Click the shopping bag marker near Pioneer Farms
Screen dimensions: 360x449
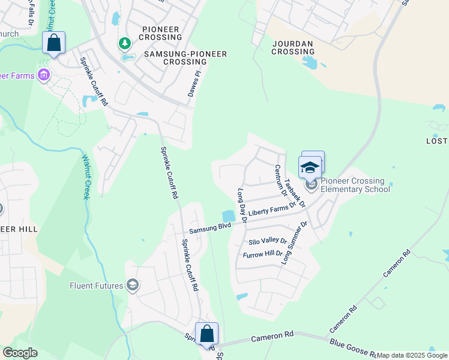pos(54,43)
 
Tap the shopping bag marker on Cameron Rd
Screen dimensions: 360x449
pos(206,335)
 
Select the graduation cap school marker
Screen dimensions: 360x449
pos(310,167)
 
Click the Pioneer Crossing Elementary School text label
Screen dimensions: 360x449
pos(355,185)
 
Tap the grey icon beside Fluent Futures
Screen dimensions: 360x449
pos(133,286)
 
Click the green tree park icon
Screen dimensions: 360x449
pos(125,43)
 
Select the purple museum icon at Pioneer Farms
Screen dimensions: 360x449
pos(43,76)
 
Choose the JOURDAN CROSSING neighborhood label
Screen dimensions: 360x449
pos(294,47)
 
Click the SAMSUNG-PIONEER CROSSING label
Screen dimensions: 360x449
pos(185,58)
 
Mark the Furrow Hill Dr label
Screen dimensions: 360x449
pos(262,255)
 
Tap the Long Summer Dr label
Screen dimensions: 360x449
pos(295,243)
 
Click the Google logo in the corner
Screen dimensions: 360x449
pos(20,353)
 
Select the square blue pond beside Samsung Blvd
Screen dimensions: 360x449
pos(228,216)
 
